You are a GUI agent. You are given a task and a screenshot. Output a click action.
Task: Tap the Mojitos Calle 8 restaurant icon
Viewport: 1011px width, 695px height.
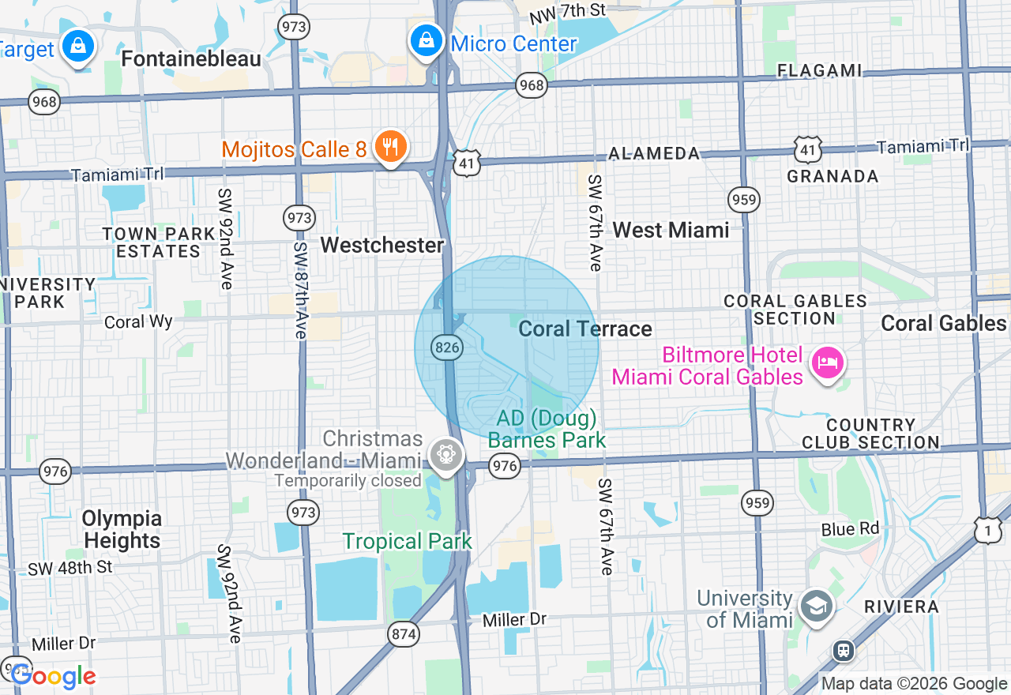coord(389,146)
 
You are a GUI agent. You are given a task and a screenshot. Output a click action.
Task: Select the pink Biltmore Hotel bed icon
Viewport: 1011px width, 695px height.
coord(826,364)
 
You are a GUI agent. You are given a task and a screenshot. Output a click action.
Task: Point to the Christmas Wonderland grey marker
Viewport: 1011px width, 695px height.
coord(445,454)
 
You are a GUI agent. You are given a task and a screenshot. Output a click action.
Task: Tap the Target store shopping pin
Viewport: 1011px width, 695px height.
coord(79,46)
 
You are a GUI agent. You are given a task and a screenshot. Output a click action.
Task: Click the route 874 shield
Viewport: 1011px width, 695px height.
coord(404,633)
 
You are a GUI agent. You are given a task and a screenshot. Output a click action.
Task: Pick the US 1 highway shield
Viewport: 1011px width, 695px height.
coord(987,531)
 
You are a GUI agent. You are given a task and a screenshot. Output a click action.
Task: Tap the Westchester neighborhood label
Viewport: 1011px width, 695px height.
coord(382,245)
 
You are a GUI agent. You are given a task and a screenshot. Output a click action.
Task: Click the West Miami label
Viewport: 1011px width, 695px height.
coord(671,230)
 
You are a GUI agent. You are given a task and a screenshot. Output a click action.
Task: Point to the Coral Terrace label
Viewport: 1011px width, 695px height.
coord(585,329)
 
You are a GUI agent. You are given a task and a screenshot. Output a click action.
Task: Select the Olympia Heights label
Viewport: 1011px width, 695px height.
coord(122,530)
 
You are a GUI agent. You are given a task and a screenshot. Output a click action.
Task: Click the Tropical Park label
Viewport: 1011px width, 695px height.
coord(407,541)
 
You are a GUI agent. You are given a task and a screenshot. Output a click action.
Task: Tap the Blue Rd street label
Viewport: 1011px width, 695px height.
coord(850,528)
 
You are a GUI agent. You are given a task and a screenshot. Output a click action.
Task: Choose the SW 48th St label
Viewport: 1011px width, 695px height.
coord(70,567)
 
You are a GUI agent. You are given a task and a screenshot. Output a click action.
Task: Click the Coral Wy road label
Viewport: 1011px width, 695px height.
coord(138,321)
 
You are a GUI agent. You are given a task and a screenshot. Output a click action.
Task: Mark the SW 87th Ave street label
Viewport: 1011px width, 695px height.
coord(300,290)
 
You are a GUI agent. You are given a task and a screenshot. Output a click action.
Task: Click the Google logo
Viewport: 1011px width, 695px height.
coord(53,676)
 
